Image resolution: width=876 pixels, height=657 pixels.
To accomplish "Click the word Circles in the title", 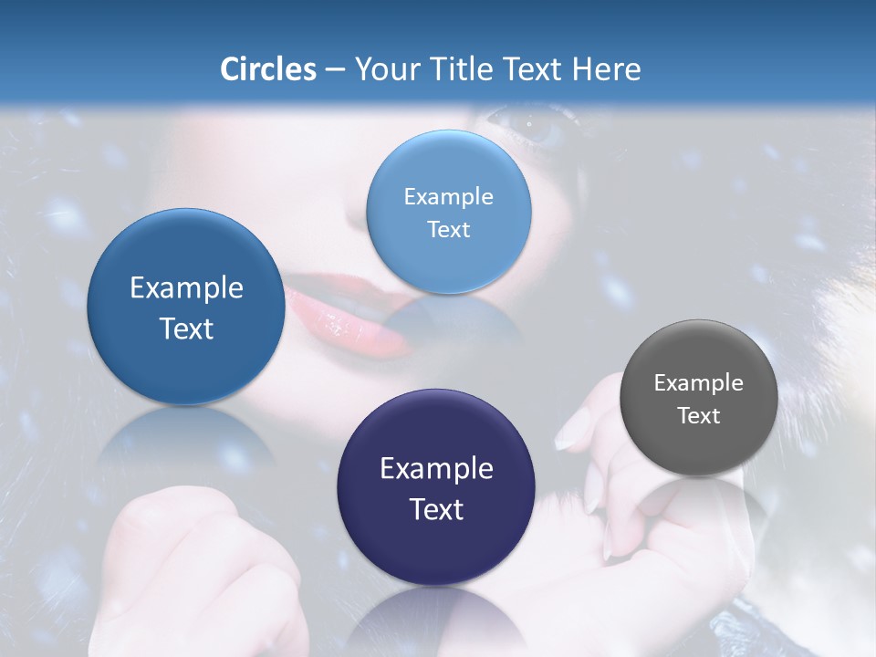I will pyautogui.click(x=268, y=69).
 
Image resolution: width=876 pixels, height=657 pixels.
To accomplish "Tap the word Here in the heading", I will pyautogui.click(x=606, y=69).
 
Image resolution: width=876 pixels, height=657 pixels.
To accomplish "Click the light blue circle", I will pyautogui.click(x=448, y=212).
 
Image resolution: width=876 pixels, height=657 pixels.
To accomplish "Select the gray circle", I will pyautogui.click(x=699, y=398).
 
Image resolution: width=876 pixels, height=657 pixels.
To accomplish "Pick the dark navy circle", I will pyautogui.click(x=436, y=487).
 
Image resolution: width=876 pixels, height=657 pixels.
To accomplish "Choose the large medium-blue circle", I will pyautogui.click(x=186, y=307).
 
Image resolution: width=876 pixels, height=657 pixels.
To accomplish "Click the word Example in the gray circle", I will pyautogui.click(x=699, y=382).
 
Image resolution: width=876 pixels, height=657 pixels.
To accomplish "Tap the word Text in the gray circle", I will pyautogui.click(x=699, y=415).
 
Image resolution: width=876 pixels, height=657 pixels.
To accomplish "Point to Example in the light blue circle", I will pyautogui.click(x=448, y=196).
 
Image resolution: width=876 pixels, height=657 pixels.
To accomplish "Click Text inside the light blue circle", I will pyautogui.click(x=448, y=229).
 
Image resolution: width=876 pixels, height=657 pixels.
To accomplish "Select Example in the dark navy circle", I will pyautogui.click(x=436, y=468).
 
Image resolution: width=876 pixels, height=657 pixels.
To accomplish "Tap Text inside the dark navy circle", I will pyautogui.click(x=436, y=508).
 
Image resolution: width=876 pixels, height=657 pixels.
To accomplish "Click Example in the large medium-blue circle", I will pyautogui.click(x=186, y=287).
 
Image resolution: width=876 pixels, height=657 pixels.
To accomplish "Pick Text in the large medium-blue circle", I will pyautogui.click(x=186, y=328).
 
